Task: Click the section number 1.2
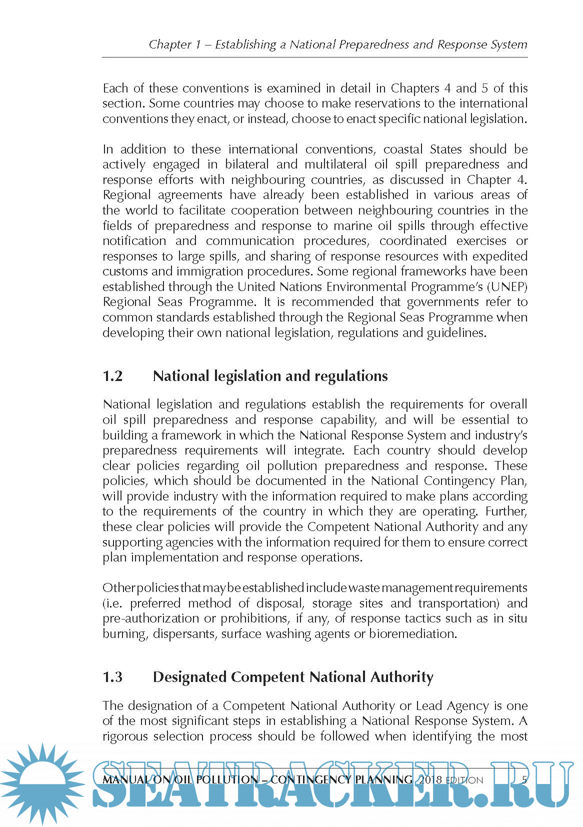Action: tap(112, 376)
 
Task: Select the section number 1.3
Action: tap(112, 677)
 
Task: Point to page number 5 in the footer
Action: tap(524, 779)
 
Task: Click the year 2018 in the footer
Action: tap(430, 779)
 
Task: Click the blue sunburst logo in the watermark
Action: tap(42, 782)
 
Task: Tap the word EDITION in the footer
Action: tap(464, 780)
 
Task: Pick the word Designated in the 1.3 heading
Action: tap(189, 677)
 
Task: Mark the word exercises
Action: tap(481, 241)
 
